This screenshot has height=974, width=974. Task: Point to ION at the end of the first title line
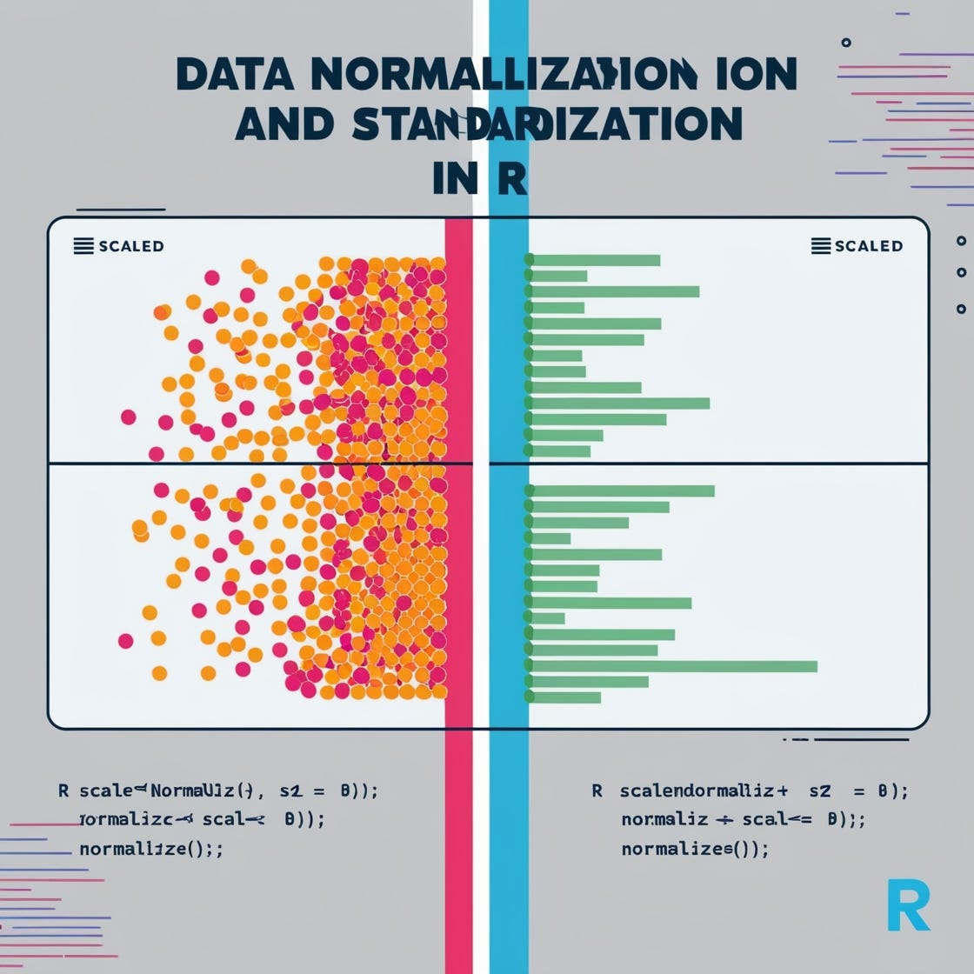pos(752,77)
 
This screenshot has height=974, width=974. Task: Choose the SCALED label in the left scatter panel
pos(130,246)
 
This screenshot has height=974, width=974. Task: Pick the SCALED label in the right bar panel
pos(868,246)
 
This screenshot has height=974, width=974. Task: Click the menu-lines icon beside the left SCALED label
pos(83,246)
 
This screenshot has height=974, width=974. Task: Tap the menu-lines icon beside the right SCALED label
pos(820,246)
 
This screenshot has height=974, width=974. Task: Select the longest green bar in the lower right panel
pos(674,666)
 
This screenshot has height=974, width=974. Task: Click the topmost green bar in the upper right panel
pos(595,260)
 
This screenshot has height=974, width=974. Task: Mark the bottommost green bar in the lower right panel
pos(565,697)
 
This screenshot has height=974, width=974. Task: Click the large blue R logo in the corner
pos(909,905)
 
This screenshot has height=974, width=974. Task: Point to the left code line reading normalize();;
pos(150,849)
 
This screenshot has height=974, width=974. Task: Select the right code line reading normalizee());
pos(695,849)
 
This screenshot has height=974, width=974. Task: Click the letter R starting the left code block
pos(63,791)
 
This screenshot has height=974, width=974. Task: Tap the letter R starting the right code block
pos(597,791)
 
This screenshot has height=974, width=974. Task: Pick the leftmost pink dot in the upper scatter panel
pos(129,417)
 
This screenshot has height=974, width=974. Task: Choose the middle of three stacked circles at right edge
pos(961,273)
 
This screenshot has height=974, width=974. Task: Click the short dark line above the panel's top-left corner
pos(121,210)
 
